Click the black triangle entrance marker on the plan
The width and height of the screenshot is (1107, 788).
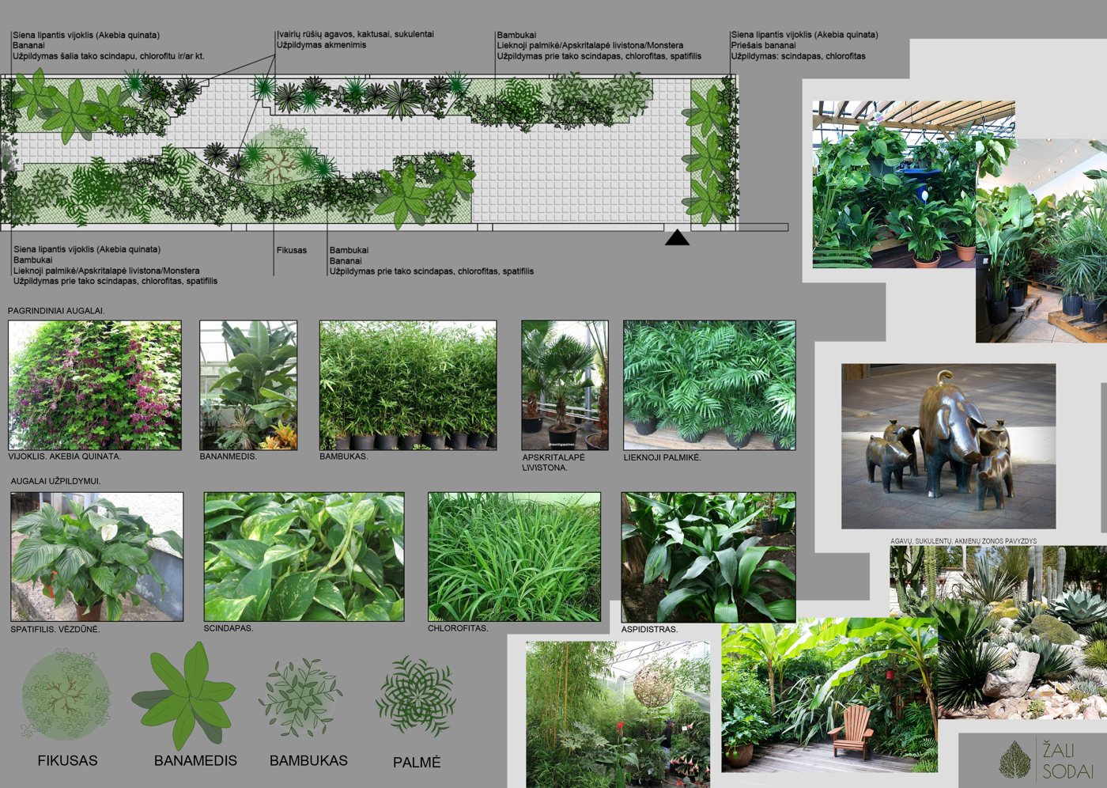(677, 238)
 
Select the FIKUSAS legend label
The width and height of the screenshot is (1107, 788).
(68, 760)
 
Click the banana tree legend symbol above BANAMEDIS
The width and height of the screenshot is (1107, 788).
(184, 695)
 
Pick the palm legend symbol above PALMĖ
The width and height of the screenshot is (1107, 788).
(416, 695)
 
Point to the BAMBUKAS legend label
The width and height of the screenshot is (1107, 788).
(308, 760)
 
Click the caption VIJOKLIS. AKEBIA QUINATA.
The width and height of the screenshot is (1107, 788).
(64, 457)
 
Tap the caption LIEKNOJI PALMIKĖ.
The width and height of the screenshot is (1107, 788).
(663, 458)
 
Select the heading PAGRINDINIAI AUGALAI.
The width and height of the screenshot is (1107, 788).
(56, 311)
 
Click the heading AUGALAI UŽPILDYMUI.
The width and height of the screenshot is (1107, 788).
(56, 481)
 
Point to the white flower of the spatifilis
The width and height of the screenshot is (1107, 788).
(106, 532)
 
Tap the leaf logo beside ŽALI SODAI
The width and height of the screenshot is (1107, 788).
(1014, 760)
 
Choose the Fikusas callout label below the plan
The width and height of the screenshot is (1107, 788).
(292, 250)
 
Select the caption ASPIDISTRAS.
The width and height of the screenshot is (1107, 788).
(649, 629)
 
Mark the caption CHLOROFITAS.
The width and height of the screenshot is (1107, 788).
(458, 628)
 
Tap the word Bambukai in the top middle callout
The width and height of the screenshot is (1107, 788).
(516, 35)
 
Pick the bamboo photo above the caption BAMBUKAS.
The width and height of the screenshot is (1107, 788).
(408, 385)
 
